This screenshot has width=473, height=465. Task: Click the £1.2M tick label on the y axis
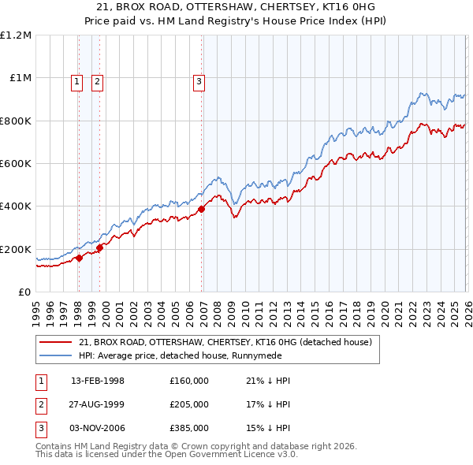coord(16,35)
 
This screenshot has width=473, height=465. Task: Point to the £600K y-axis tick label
coord(16,164)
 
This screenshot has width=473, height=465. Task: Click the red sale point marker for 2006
coord(201,210)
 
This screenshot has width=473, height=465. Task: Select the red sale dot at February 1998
coord(79,258)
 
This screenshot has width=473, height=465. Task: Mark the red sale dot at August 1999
coord(100,248)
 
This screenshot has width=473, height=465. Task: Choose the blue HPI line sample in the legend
coord(57,355)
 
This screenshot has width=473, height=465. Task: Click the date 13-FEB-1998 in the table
coord(98,381)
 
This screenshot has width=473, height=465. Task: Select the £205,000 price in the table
coord(189,404)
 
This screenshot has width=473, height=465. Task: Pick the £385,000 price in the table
coord(189,428)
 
